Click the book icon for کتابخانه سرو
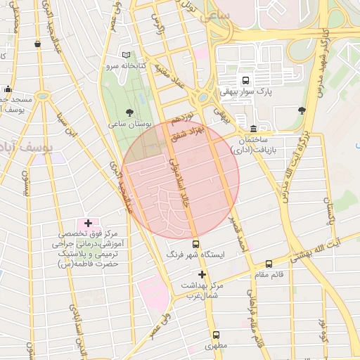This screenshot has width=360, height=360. tap(126, 55)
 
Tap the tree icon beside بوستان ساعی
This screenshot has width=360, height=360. tap(129, 112)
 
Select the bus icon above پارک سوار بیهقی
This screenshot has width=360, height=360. tap(245, 80)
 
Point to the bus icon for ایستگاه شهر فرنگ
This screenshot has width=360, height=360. tap(195, 244)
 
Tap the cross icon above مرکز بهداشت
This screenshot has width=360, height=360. tap(202, 274)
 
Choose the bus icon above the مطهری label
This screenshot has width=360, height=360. tap(215, 335)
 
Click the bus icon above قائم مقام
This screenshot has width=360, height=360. tap(269, 264)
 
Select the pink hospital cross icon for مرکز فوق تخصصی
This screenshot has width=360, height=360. tap(88, 223)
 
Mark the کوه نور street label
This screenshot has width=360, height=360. tap(322, 332)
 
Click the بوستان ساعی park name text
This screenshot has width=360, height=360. tap(131, 123)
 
